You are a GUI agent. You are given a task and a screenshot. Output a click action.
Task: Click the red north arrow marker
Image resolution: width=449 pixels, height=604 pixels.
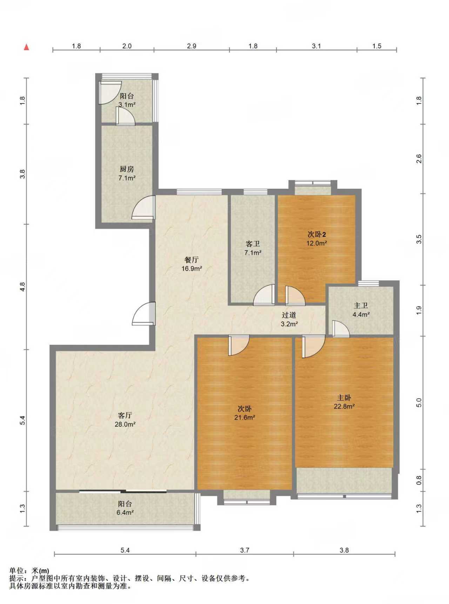(26, 47)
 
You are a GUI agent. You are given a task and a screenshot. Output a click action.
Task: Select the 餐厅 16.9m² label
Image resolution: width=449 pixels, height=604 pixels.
(192, 264)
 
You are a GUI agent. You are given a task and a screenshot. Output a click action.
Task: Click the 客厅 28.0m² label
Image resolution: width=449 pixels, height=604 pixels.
(125, 420)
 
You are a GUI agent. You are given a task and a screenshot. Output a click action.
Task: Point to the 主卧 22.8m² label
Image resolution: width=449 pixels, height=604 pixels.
(344, 402)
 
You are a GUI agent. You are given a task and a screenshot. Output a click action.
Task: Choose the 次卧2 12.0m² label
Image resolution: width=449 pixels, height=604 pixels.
(317, 239)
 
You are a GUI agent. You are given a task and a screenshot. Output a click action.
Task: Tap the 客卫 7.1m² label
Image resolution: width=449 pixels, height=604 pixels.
(253, 248)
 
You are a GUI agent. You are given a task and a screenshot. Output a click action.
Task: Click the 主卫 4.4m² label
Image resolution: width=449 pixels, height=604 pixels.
(361, 310)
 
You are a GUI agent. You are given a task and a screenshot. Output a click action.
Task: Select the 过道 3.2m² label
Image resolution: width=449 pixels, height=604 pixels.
(289, 320)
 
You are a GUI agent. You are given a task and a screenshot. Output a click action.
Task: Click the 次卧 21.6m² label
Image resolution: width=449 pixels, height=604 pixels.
(244, 413)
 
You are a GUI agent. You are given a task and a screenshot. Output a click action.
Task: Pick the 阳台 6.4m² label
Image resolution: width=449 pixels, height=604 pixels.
(125, 508)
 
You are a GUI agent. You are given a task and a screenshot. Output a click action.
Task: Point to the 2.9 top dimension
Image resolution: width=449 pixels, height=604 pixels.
(192, 46)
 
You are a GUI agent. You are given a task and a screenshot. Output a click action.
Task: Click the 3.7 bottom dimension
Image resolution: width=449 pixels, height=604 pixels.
(244, 550)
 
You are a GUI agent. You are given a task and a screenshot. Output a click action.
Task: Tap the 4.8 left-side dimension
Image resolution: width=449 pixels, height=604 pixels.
(22, 287)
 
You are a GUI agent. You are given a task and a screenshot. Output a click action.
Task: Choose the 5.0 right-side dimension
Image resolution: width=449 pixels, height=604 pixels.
(418, 402)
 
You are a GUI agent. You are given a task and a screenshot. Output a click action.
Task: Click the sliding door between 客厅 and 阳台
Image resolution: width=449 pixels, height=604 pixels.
(123, 491)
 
